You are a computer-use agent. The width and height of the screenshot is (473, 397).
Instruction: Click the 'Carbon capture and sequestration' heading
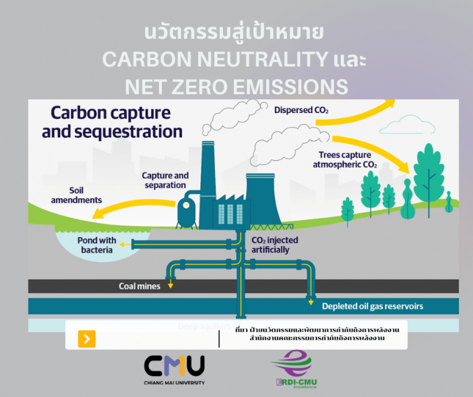[116, 122]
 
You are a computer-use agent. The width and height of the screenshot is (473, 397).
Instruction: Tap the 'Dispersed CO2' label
[301, 110]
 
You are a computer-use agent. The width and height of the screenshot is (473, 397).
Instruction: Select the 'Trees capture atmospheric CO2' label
[344, 160]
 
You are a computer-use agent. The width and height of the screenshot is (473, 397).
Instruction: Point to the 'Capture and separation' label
[165, 181]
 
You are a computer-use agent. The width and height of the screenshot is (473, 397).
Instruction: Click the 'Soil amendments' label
[76, 195]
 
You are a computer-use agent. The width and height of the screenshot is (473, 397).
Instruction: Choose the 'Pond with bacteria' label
[96, 245]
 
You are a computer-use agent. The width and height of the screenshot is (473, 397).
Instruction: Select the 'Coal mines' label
[140, 286]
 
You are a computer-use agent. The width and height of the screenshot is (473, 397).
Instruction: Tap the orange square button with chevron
[87, 338]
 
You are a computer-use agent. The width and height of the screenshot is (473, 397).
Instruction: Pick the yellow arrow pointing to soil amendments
[123, 208]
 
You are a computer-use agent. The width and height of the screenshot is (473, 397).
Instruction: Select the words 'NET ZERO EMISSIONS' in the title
[236, 86]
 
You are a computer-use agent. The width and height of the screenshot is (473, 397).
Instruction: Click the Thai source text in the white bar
[317, 334]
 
